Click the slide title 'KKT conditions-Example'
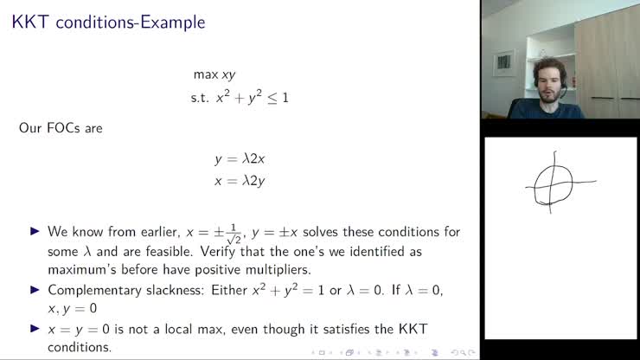tap(107, 22)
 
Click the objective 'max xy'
tap(214, 75)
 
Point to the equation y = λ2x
tap(246, 159)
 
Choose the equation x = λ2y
tap(246, 181)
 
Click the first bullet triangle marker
tap(35, 232)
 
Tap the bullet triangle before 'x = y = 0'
tap(35, 329)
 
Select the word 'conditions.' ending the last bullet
tap(80, 348)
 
